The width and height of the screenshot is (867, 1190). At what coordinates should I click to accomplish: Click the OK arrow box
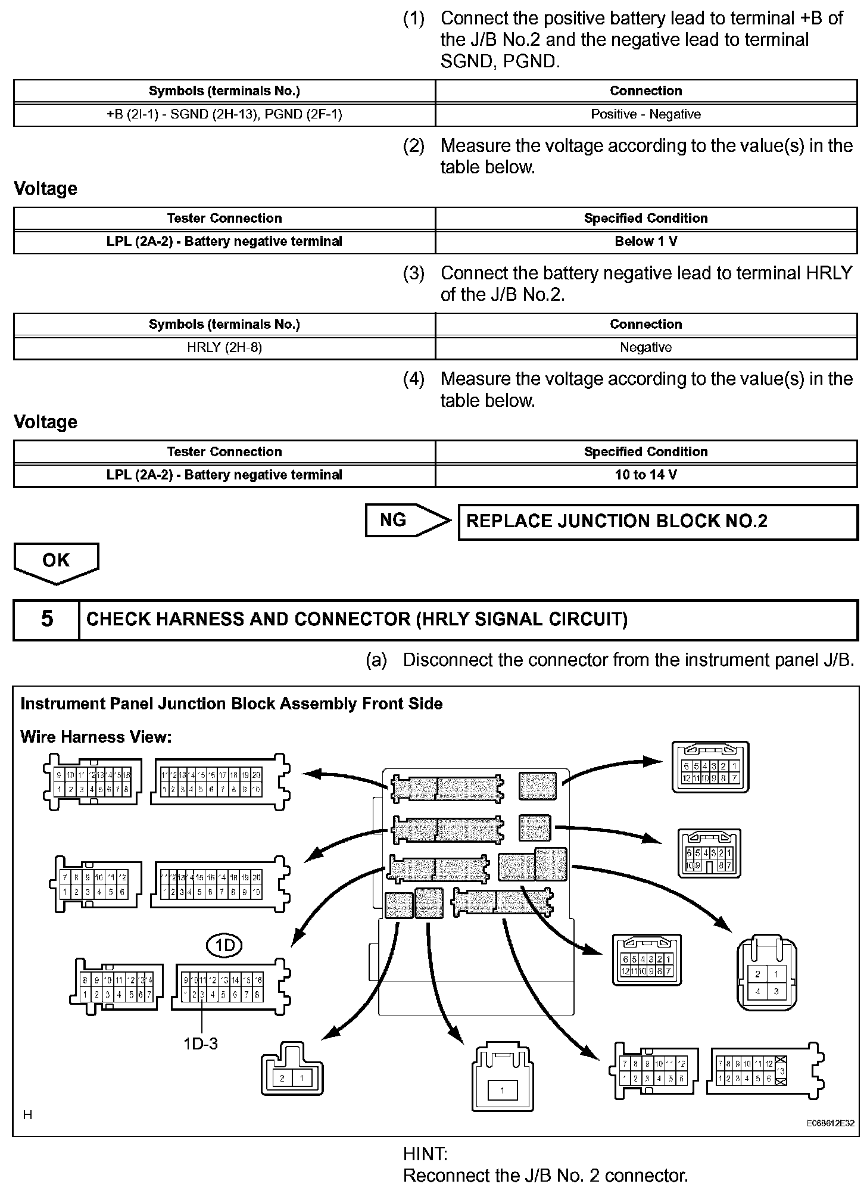tap(56, 562)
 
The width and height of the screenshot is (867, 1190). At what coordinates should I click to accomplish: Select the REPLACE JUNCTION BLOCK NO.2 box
tap(657, 522)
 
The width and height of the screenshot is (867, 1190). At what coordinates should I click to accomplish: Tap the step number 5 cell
tap(46, 619)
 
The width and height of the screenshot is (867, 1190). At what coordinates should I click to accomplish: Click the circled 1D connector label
tap(224, 946)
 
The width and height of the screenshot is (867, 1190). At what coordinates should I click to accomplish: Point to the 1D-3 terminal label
tap(201, 1043)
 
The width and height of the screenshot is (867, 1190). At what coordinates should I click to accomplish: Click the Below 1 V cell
tap(645, 242)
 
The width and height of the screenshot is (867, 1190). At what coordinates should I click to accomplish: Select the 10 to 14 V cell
tap(645, 475)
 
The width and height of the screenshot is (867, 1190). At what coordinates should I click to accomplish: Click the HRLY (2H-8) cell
tap(224, 348)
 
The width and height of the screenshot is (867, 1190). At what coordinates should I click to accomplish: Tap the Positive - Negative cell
tap(645, 114)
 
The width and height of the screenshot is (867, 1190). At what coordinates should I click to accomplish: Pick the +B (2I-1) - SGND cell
tap(224, 114)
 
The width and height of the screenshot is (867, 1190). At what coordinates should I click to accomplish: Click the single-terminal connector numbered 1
tap(502, 1091)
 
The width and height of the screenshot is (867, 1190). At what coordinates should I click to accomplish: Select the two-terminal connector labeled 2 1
tap(292, 1076)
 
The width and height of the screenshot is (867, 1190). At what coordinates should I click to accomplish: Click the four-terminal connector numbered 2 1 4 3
tap(766, 983)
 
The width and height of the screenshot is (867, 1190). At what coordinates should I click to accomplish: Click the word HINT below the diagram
tap(425, 1154)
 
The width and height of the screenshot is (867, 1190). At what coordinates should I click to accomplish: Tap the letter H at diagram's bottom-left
tap(27, 1114)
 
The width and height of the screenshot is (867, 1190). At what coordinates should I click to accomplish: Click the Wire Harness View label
tap(96, 737)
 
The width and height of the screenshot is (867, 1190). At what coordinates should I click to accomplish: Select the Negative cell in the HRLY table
tap(645, 348)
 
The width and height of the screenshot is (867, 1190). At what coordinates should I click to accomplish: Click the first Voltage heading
tap(46, 189)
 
